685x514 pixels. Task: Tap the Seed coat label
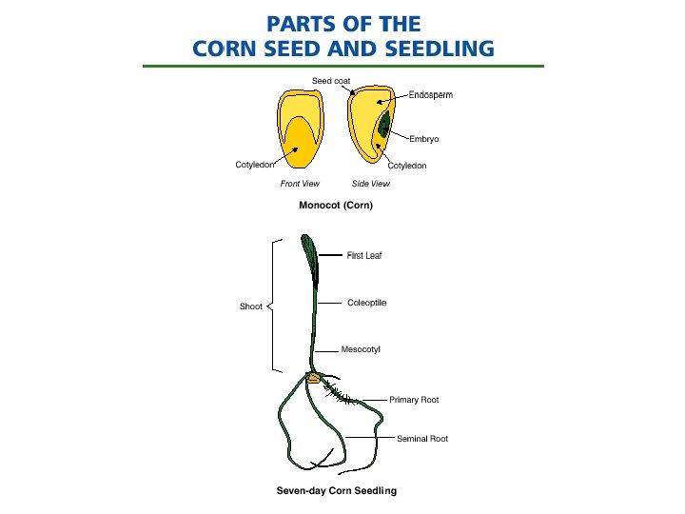tap(331, 80)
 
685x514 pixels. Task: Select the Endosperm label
tap(430, 95)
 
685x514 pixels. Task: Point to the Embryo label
tap(423, 139)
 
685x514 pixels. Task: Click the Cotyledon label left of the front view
tap(255, 165)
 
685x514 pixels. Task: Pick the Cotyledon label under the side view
tap(407, 166)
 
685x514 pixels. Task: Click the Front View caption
tap(300, 184)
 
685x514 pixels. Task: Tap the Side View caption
tap(370, 184)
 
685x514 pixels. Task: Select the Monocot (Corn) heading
tap(335, 205)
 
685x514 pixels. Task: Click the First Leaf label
tap(364, 255)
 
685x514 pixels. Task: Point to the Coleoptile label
tap(367, 303)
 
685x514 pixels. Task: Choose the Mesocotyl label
tap(361, 350)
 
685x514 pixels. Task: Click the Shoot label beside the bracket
tap(250, 306)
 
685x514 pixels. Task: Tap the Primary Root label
tap(414, 400)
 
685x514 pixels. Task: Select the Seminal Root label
tap(422, 439)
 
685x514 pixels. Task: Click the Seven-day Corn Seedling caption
tap(336, 491)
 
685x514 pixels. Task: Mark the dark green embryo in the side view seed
tap(383, 125)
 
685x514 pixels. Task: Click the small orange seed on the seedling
tap(313, 379)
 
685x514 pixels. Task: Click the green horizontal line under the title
tap(342, 66)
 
